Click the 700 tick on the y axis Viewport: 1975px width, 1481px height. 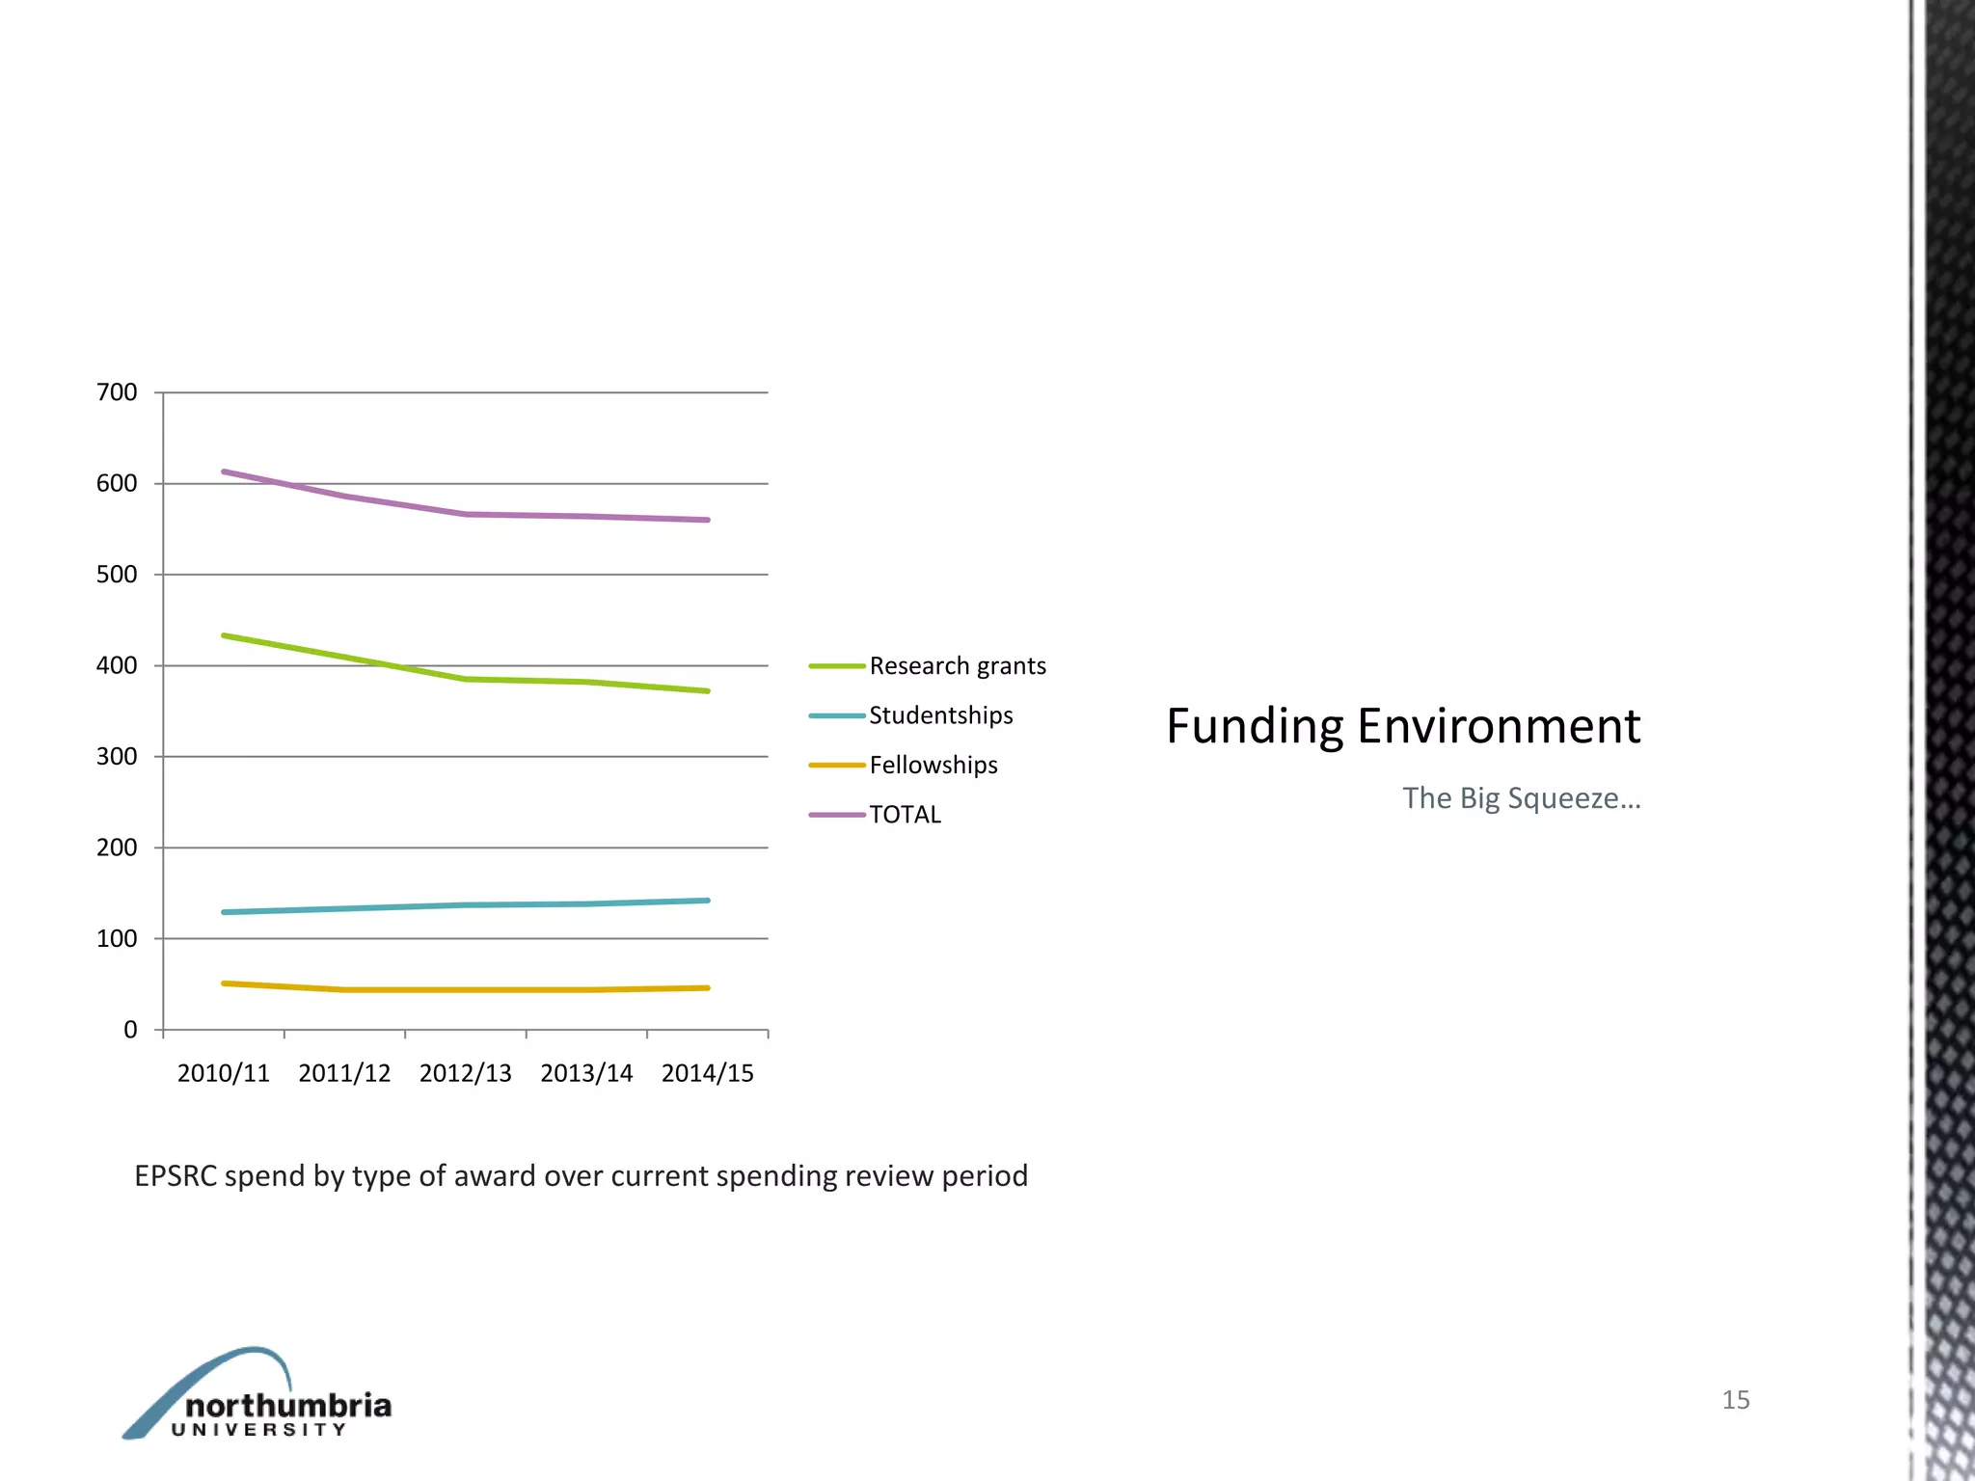pyautogui.click(x=117, y=392)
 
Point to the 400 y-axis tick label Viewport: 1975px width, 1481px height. pyautogui.click(x=117, y=665)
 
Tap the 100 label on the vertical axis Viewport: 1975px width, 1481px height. pyautogui.click(x=117, y=938)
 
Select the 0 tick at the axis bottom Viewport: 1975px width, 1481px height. pyautogui.click(x=130, y=1030)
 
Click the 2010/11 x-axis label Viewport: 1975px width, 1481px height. pyautogui.click(x=223, y=1073)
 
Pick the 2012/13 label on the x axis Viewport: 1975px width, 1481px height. pyautogui.click(x=465, y=1073)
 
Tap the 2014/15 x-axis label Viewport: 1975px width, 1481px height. pyautogui.click(x=707, y=1073)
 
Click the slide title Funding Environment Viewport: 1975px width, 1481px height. pyautogui.click(x=1402, y=726)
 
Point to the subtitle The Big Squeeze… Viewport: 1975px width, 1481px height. pyautogui.click(x=1521, y=798)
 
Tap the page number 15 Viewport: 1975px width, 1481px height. pyautogui.click(x=1735, y=1400)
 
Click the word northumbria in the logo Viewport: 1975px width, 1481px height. pyautogui.click(x=287, y=1405)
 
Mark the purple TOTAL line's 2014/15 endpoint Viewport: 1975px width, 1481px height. pyautogui.click(x=708, y=520)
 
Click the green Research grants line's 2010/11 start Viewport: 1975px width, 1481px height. pyautogui.click(x=224, y=635)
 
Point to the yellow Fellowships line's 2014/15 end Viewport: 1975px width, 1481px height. pyautogui.click(x=708, y=987)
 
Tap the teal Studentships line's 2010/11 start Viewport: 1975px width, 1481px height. pyautogui.click(x=224, y=912)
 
